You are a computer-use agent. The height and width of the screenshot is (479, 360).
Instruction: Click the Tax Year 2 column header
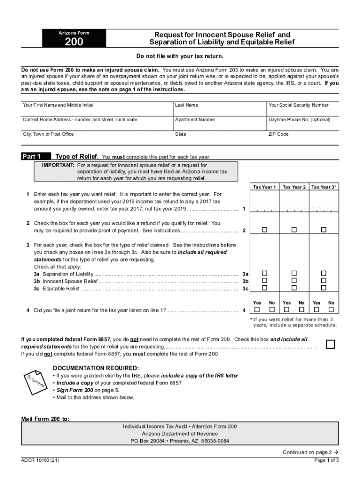294,187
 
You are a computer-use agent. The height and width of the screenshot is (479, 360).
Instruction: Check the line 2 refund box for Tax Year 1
265,230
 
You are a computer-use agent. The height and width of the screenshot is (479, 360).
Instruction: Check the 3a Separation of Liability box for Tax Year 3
324,273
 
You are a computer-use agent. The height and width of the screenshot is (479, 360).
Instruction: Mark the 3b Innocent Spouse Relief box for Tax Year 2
294,281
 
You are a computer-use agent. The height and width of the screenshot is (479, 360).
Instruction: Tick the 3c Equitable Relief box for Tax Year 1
265,288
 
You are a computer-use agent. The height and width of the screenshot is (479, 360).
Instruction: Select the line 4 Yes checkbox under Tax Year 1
257,310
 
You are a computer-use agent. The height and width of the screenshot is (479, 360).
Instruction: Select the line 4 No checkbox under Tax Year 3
331,310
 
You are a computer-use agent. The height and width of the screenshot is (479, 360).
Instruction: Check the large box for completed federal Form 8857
331,344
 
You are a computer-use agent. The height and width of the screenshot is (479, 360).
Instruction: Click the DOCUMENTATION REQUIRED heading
96,368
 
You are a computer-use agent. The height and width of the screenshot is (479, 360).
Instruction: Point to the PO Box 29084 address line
180,441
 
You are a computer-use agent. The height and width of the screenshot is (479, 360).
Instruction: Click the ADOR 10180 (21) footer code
40,460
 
